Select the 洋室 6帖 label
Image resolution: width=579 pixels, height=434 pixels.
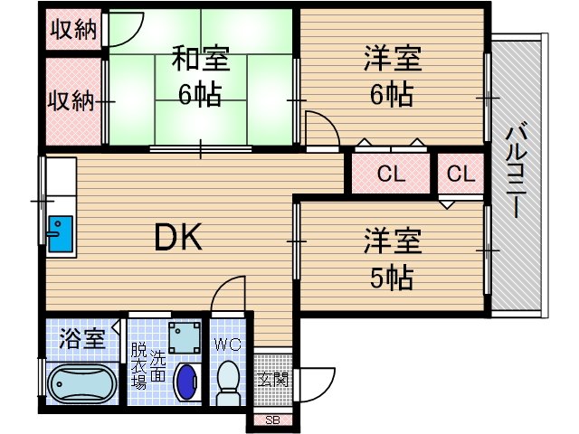(390, 77)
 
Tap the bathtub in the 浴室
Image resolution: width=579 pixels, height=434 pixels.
(81, 384)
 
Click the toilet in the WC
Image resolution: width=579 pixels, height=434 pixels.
(229, 382)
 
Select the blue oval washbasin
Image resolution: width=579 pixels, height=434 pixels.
(186, 382)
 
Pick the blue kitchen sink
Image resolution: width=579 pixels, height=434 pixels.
(59, 234)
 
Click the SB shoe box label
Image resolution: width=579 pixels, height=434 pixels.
(271, 420)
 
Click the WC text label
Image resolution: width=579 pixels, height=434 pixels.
(226, 344)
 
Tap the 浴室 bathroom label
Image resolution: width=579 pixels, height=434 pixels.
(82, 341)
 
